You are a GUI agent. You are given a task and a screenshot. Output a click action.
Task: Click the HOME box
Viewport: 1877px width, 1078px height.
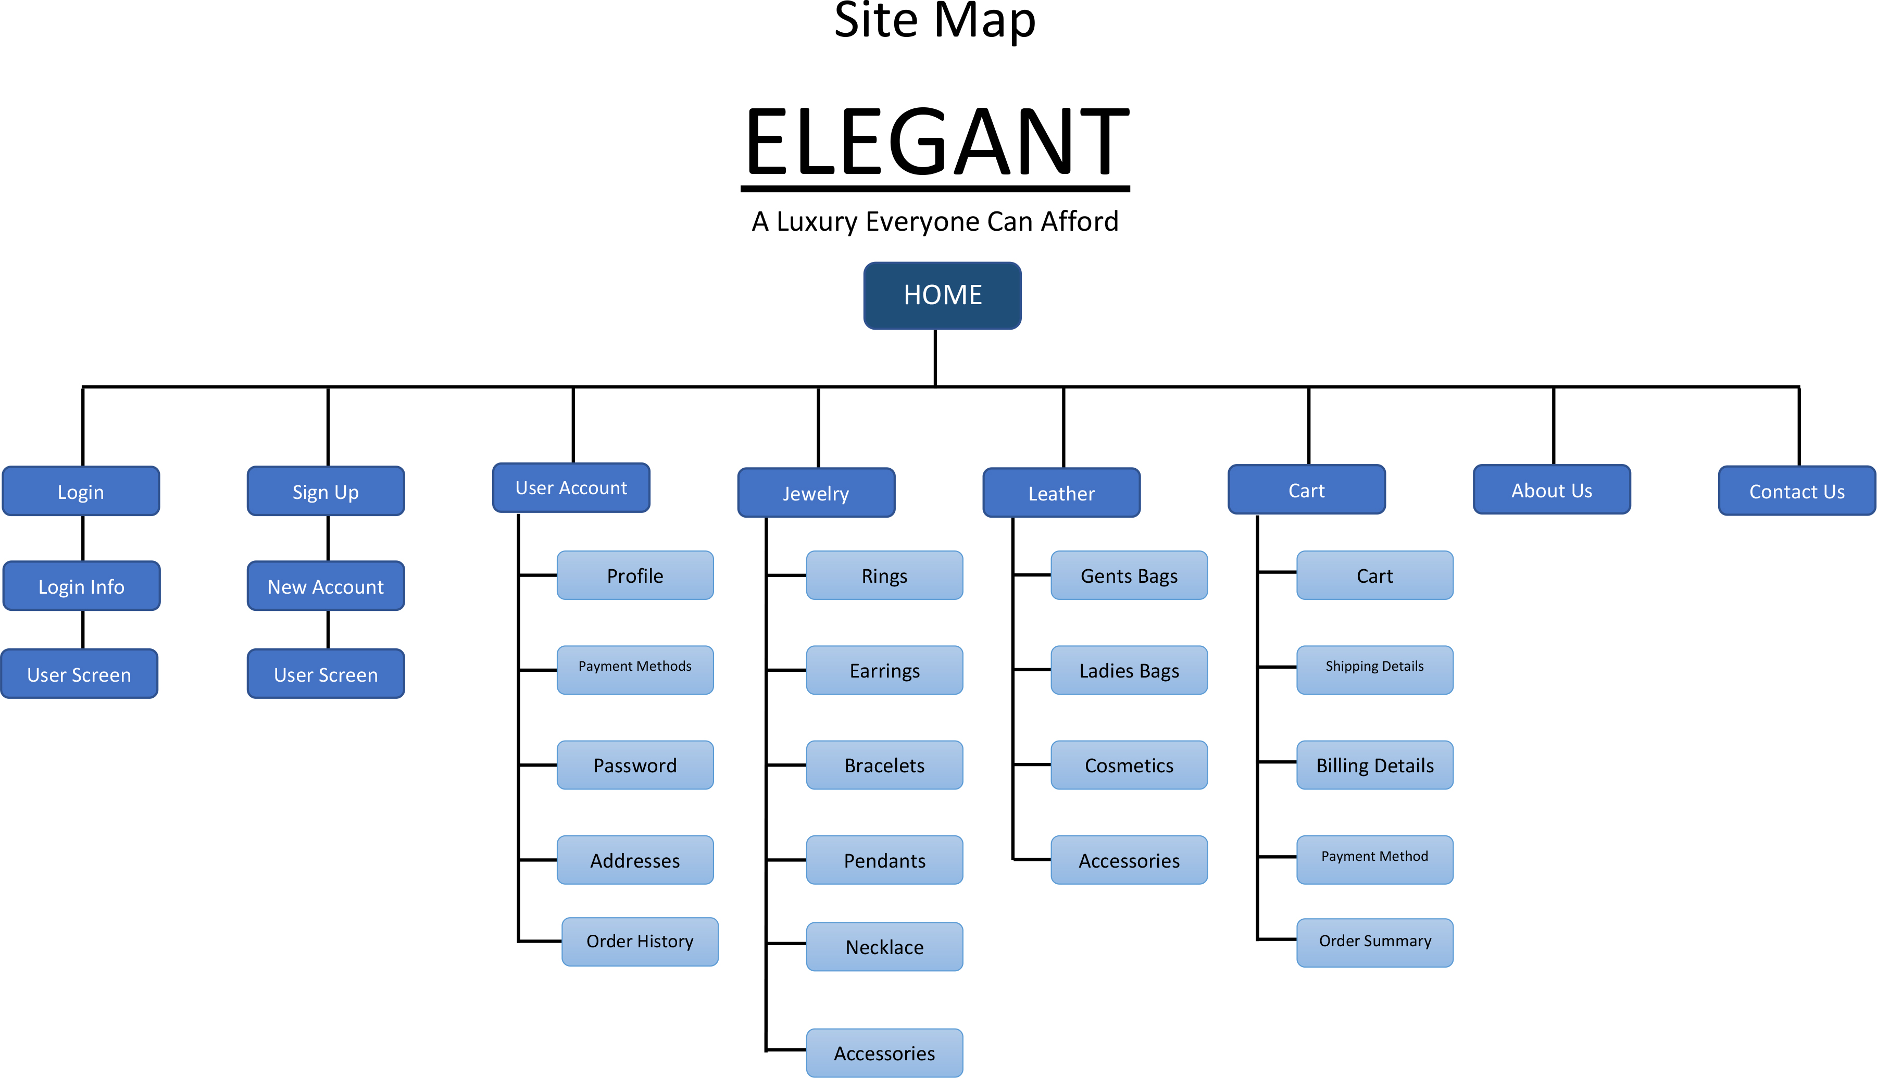tap(942, 295)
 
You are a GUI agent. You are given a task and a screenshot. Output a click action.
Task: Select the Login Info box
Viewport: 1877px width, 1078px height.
tap(81, 586)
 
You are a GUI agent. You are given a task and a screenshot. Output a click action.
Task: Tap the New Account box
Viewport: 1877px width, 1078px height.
tap(326, 586)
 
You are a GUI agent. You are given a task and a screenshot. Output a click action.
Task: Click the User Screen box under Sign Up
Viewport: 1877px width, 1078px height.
tap(326, 674)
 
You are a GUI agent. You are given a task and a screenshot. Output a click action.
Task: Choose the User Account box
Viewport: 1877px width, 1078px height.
tap(571, 488)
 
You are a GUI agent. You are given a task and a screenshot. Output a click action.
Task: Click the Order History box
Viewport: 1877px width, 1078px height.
tap(640, 942)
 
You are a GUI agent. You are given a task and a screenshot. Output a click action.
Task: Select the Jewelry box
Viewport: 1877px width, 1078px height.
tap(816, 493)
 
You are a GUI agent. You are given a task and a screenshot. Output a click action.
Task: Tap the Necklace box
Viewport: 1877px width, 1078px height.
tap(884, 947)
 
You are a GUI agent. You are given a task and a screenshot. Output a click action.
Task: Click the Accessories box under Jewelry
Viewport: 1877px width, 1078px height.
tap(884, 1053)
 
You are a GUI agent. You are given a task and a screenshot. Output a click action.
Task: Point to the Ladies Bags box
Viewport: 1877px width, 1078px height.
tap(1129, 670)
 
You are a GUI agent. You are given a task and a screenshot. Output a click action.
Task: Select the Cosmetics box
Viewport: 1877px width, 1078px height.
tap(1129, 765)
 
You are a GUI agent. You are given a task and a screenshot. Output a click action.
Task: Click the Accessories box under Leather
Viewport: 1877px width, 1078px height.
tap(1129, 860)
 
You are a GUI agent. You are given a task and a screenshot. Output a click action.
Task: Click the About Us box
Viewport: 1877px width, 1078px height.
tap(1551, 490)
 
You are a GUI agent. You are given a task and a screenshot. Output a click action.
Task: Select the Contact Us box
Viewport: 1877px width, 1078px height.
tap(1796, 491)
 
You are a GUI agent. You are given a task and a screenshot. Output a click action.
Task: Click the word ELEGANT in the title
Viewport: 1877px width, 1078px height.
tap(936, 142)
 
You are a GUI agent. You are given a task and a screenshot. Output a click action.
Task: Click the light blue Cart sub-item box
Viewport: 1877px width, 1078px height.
tap(1374, 575)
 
